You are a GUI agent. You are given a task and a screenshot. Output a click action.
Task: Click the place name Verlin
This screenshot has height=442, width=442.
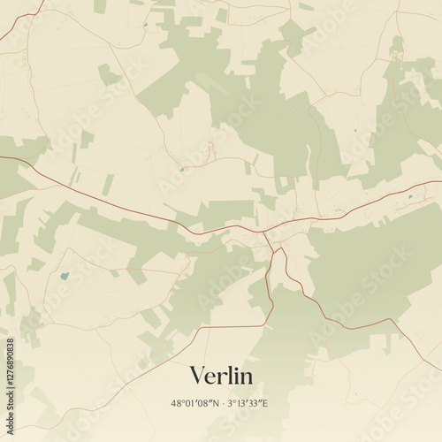221,376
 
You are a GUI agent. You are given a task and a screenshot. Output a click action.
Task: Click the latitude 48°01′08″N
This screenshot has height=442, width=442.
196,403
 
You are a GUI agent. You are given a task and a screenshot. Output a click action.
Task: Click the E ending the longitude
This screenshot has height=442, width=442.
265,403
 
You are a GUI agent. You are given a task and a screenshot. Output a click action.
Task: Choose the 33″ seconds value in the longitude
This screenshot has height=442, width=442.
255,403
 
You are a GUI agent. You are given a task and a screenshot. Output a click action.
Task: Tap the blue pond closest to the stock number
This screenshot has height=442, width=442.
64,275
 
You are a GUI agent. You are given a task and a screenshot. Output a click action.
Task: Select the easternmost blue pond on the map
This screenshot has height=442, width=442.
409,195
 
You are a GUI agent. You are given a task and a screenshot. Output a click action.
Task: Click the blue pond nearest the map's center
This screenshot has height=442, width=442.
180,169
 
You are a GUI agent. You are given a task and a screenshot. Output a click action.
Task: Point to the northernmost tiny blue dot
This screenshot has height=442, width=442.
145,24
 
